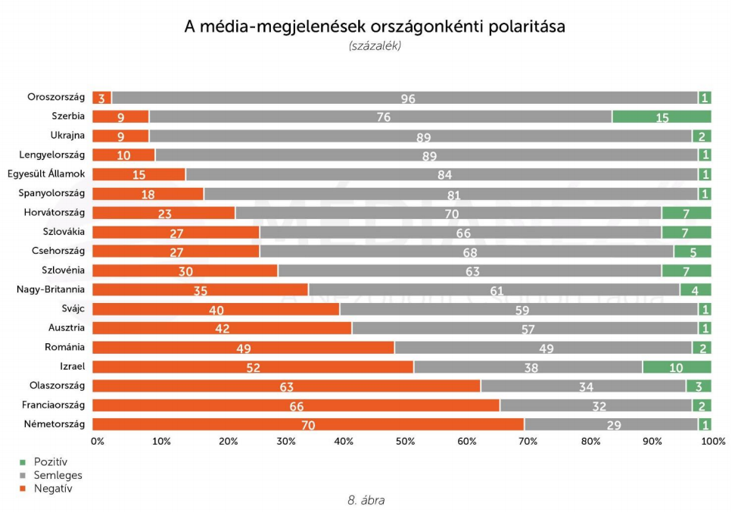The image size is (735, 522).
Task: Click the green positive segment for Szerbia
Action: point(662,117)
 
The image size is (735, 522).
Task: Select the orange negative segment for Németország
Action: point(308,424)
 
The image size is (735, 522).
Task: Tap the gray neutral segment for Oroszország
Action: point(404,98)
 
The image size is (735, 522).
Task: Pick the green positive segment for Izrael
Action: point(677,367)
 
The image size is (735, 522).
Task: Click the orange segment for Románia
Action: point(243,348)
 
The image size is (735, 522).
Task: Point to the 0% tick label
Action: point(98,441)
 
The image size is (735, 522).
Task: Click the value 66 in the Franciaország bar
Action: point(296,405)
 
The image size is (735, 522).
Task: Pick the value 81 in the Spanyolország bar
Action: point(453,194)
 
